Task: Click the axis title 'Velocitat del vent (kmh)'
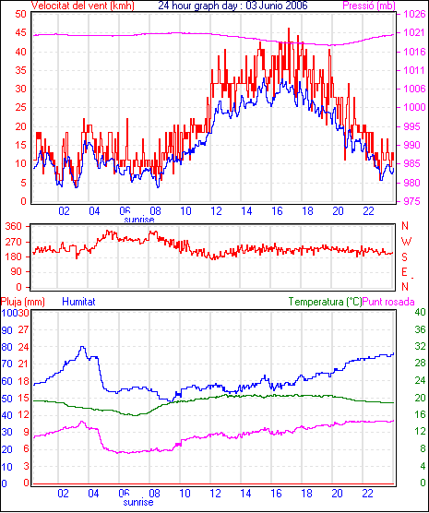click(83, 6)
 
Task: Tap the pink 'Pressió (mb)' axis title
click(369, 6)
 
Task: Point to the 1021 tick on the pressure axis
click(414, 32)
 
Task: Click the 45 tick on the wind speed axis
click(20, 32)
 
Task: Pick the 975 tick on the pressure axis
click(414, 201)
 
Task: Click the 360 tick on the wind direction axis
click(14, 226)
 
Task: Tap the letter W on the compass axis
click(406, 242)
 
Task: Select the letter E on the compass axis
click(405, 272)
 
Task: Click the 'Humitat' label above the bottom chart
click(78, 302)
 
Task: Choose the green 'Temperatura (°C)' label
click(326, 302)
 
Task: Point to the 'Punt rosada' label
click(388, 302)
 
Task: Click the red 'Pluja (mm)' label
click(22, 302)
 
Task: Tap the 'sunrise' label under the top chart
click(139, 220)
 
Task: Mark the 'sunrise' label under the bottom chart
click(138, 502)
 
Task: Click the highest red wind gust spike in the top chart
click(289, 29)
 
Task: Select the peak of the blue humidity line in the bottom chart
click(82, 347)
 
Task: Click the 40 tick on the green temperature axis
click(420, 312)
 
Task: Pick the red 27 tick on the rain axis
click(23, 329)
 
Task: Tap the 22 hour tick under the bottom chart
click(367, 493)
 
